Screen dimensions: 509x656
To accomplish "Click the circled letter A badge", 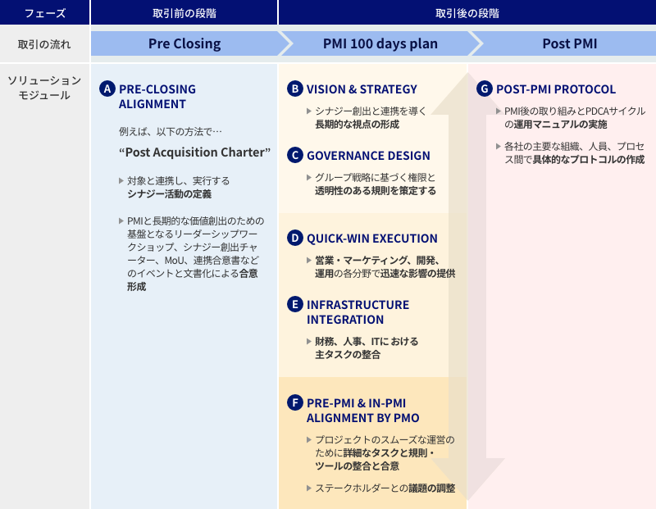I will (107, 89).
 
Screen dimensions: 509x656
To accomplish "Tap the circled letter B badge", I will (294, 89).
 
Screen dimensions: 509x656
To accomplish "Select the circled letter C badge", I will (294, 155).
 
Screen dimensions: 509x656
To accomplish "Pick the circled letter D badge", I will (294, 239).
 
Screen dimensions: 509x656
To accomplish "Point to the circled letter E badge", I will (294, 304).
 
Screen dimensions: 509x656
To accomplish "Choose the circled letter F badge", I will (294, 402).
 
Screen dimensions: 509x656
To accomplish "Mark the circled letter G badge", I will (484, 89).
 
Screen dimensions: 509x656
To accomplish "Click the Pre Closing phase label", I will (184, 43).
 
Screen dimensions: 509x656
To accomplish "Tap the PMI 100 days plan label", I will (373, 43).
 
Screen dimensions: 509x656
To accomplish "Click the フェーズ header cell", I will (45, 13).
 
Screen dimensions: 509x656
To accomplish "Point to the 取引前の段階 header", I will (184, 13).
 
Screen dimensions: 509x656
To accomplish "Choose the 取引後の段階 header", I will (467, 13).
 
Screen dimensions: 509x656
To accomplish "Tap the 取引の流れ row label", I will (45, 43).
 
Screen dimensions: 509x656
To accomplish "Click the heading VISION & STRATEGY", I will (362, 89).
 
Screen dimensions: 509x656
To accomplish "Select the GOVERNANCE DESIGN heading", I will (368, 155).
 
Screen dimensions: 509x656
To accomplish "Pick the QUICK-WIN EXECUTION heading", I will (372, 239).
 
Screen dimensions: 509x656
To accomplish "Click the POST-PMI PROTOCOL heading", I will (556, 89).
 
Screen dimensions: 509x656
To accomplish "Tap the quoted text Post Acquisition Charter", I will (194, 152).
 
